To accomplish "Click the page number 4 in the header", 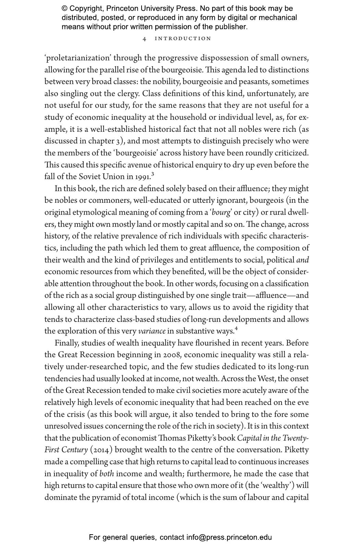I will click(x=144, y=39).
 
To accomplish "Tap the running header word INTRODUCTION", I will click(x=183, y=39).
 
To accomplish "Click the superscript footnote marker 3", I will click(x=153, y=174).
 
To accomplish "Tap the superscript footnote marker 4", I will click(x=236, y=329).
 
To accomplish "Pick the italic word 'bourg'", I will click(x=221, y=212).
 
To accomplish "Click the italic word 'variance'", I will click(x=152, y=331).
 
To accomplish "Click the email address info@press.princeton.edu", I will click(x=229, y=537).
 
